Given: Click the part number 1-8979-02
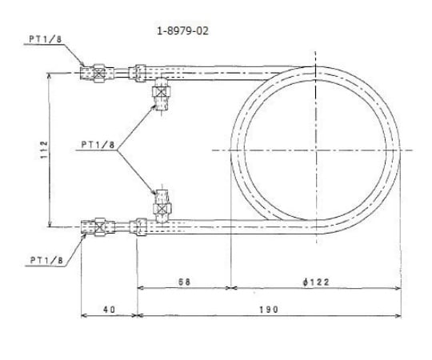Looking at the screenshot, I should [x=183, y=31].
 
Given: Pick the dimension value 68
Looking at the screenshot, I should [x=183, y=282].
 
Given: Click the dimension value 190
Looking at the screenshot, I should [x=268, y=310].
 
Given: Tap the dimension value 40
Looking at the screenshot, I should [x=109, y=310].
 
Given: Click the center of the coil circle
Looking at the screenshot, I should [x=316, y=150].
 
